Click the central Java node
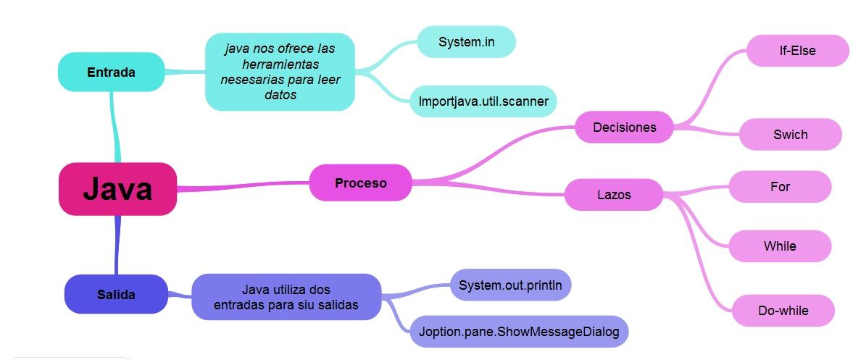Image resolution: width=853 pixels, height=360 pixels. (117, 189)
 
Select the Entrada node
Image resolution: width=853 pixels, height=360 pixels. (111, 72)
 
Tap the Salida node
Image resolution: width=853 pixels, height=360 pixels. (116, 294)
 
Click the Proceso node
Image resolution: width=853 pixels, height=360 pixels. (360, 183)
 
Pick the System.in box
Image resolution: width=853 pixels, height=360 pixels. (465, 42)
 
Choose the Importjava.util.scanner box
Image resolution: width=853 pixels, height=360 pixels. (483, 101)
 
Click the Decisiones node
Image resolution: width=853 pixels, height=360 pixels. (624, 127)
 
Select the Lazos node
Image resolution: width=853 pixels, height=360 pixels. (613, 195)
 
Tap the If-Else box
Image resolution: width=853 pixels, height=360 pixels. (797, 51)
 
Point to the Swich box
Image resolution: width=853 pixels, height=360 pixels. (790, 135)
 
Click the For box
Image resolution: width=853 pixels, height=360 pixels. (780, 187)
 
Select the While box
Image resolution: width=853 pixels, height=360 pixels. (780, 246)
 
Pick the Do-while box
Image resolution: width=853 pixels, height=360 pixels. (783, 311)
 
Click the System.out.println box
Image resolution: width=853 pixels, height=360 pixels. (510, 285)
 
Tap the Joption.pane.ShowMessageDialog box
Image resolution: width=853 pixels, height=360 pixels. (518, 332)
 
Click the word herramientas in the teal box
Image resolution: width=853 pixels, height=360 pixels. (280, 64)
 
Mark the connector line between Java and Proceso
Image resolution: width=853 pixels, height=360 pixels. (243, 187)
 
